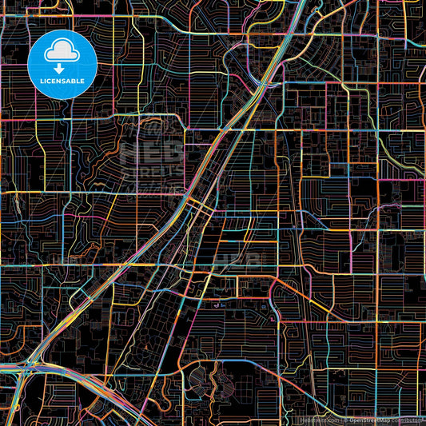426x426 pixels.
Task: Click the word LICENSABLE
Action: tap(62, 82)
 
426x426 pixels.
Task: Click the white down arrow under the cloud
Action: tap(62, 67)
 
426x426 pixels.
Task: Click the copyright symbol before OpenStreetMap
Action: tap(346, 420)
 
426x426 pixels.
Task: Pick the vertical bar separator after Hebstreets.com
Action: tap(341, 420)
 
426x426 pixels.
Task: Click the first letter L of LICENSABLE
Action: tap(38, 82)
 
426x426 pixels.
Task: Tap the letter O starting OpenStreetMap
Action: tap(352, 420)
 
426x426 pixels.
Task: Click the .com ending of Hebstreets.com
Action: tap(332, 420)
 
